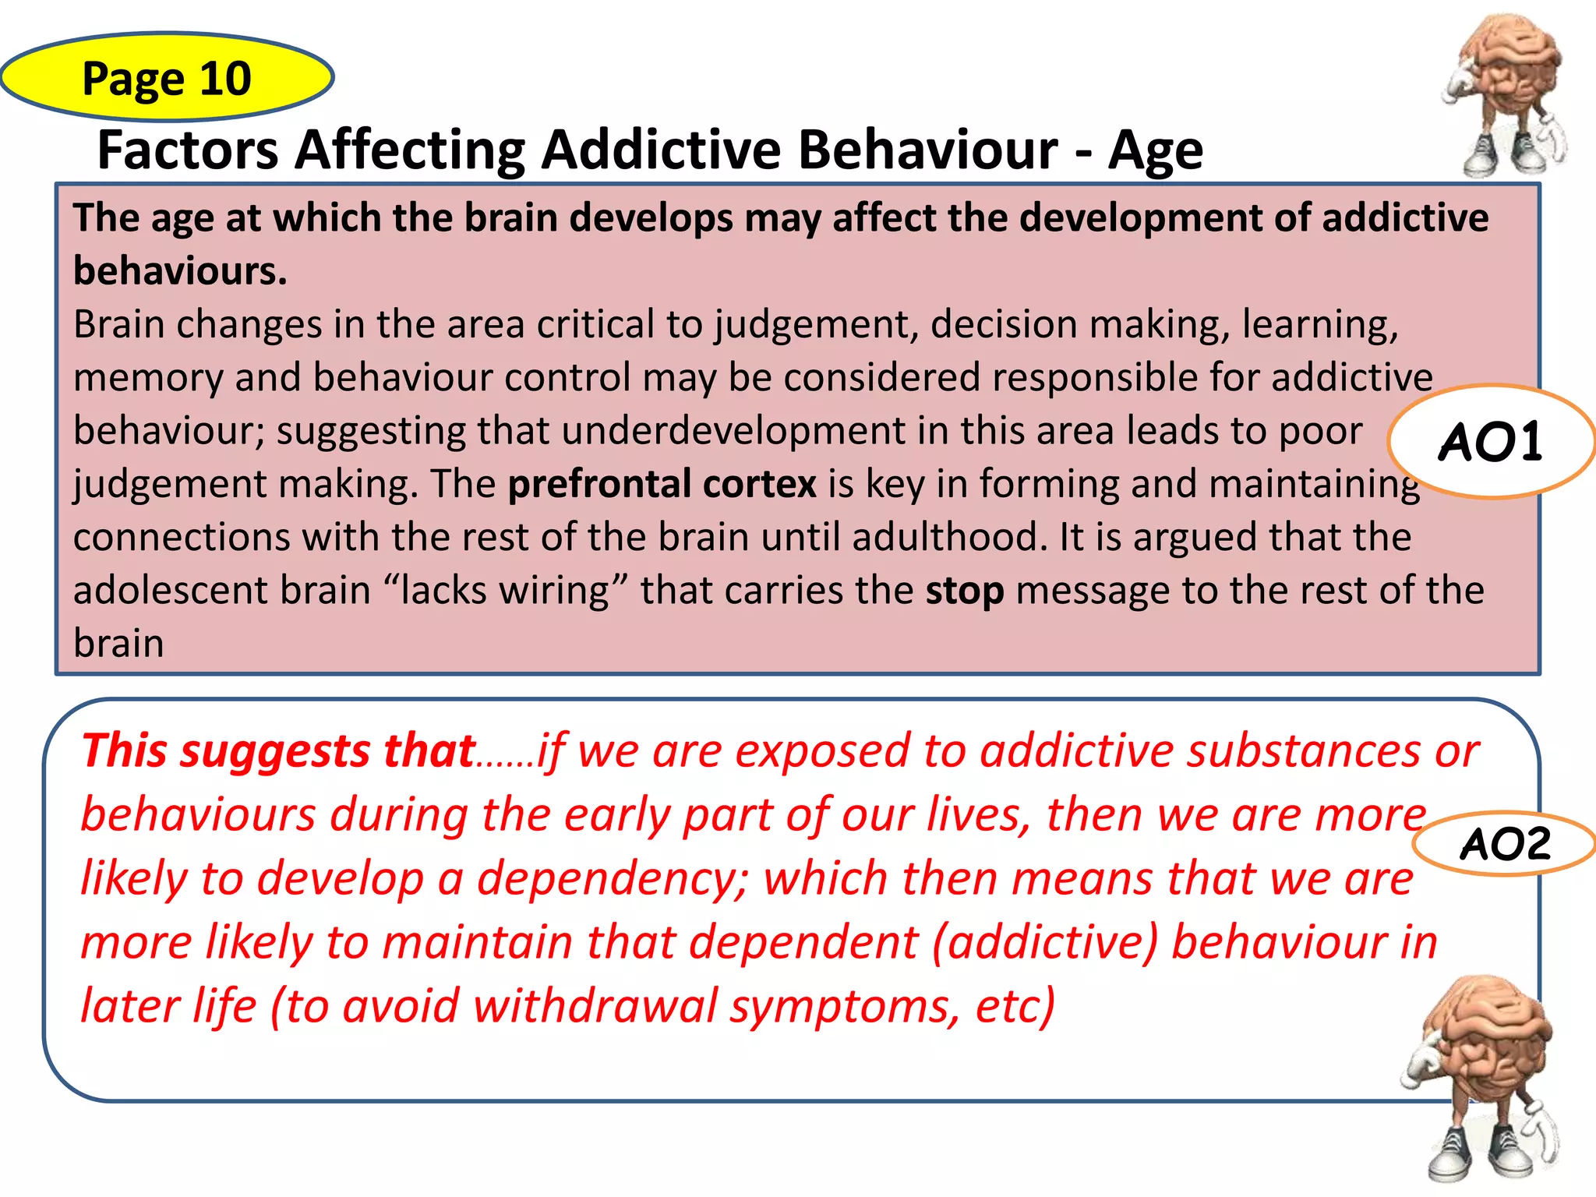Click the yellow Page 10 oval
[167, 78]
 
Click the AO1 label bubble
[1490, 442]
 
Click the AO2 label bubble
[1505, 844]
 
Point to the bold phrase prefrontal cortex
[662, 484]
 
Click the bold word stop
[964, 591]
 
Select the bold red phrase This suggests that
[278, 751]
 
